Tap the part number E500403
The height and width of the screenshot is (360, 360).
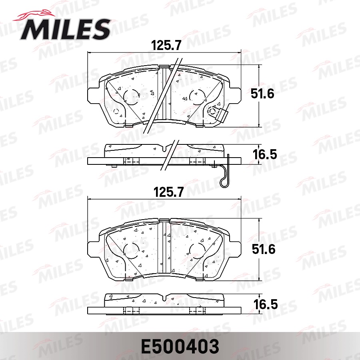coord(180,346)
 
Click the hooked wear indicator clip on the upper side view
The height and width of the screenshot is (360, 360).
coord(225,172)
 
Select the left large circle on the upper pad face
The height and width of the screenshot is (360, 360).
coord(131,96)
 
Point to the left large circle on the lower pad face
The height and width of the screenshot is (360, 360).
coord(131,250)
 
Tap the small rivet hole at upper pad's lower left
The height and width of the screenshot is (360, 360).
coord(117,111)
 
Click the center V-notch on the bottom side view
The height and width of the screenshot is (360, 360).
coord(165,298)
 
